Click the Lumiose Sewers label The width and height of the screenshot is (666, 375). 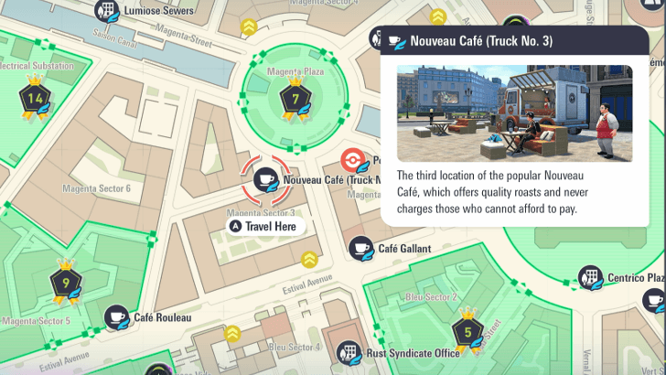pyautogui.click(x=164, y=11)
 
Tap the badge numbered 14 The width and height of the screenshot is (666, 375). pyautogui.click(x=36, y=98)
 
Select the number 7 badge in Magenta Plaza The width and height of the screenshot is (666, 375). pyautogui.click(x=294, y=98)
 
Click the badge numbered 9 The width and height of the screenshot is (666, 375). pyautogui.click(x=66, y=281)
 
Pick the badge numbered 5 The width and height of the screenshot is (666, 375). pyautogui.click(x=467, y=331)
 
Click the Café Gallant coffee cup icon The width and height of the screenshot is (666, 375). pyautogui.click(x=361, y=247)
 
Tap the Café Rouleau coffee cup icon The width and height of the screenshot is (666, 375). pyautogui.click(x=116, y=317)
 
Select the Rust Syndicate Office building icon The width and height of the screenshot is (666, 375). pyautogui.click(x=349, y=352)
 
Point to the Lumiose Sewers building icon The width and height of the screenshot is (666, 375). pyautogui.click(x=108, y=11)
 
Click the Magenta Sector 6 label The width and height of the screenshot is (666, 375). pyautogui.click(x=96, y=188)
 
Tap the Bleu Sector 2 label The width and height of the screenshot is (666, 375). pyautogui.click(x=431, y=297)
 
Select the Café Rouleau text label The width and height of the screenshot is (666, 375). pyautogui.click(x=163, y=317)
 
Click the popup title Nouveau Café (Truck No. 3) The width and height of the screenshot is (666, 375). pyautogui.click(x=481, y=40)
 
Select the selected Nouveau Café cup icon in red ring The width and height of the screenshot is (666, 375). pyautogui.click(x=266, y=179)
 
